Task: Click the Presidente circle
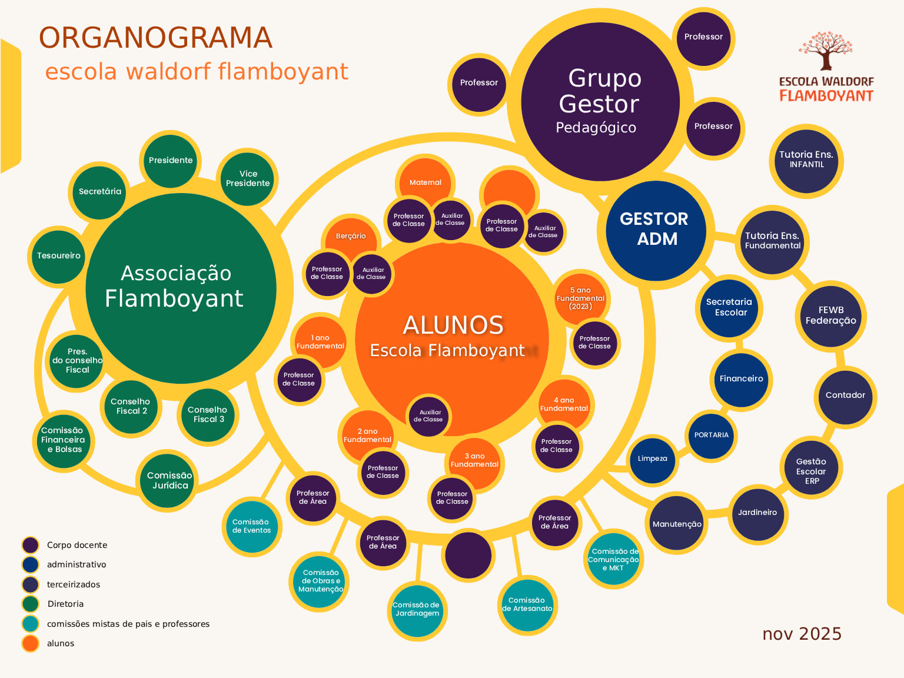tap(171, 160)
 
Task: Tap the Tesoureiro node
tap(58, 255)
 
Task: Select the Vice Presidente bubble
tap(248, 179)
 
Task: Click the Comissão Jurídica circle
tap(169, 480)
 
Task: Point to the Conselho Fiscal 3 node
tap(208, 415)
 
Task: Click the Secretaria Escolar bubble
tap(730, 307)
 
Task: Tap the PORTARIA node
tap(712, 436)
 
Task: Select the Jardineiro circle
tap(757, 513)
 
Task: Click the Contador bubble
tap(845, 395)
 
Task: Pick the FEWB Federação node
tap(830, 315)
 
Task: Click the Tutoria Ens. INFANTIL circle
tap(806, 160)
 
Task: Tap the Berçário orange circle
tap(351, 235)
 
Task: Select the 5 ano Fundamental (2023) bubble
tap(580, 298)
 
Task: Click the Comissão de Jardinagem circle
tap(417, 610)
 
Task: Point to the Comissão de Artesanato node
tap(527, 605)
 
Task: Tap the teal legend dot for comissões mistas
tap(31, 624)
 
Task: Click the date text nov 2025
tap(802, 634)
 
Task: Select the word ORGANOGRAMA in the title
tap(156, 38)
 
